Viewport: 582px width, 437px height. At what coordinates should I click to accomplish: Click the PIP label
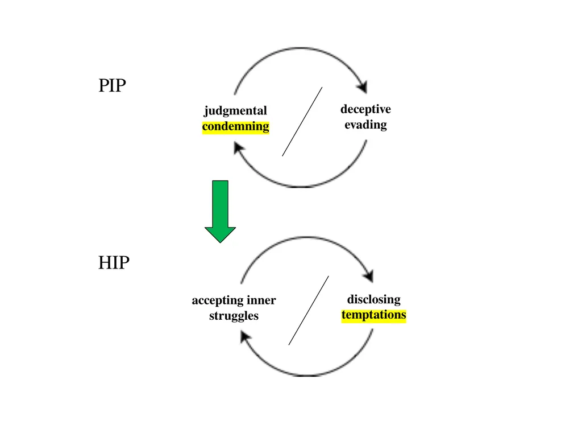click(x=112, y=85)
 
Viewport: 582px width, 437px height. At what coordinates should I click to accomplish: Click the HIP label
click(x=114, y=263)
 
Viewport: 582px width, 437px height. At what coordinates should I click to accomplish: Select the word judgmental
click(x=235, y=111)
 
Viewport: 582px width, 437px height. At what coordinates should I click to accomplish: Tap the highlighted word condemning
click(x=236, y=126)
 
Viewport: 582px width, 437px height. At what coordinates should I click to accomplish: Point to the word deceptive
click(x=365, y=110)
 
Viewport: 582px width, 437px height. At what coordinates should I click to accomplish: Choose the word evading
click(x=365, y=125)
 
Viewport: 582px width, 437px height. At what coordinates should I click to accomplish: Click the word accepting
click(x=218, y=300)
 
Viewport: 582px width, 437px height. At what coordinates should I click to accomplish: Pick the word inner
click(x=261, y=300)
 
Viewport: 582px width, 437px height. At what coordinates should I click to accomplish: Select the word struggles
click(x=234, y=316)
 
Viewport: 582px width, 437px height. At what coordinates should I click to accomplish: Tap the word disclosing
click(x=374, y=299)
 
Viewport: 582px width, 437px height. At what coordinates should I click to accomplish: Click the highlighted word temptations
click(x=374, y=315)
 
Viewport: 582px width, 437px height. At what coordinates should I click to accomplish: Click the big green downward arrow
click(x=220, y=211)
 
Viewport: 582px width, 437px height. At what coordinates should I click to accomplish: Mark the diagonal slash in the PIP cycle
click(x=302, y=122)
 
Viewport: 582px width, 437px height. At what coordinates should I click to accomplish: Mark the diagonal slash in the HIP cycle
click(x=309, y=310)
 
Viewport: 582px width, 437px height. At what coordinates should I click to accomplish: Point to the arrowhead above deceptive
click(x=362, y=86)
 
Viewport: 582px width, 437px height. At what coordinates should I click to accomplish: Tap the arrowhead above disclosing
click(x=368, y=275)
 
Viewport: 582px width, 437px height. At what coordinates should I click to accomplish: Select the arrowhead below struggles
click(x=246, y=337)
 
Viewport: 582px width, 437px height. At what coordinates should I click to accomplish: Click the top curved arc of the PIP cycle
click(x=301, y=48)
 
